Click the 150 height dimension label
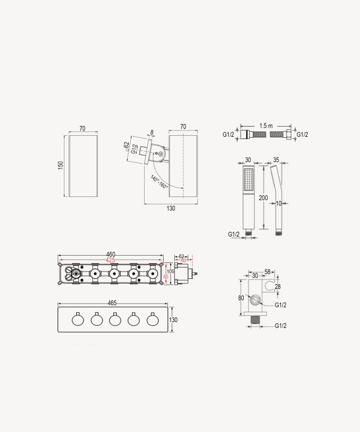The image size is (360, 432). pyautogui.click(x=61, y=166)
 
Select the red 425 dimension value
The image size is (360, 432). pyautogui.click(x=111, y=260)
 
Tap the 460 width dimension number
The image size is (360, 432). pyautogui.click(x=111, y=255)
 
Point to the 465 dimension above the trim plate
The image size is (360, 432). pyautogui.click(x=112, y=303)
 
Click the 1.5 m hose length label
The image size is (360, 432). pyautogui.click(x=266, y=126)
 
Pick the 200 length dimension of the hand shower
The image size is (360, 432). pyautogui.click(x=263, y=198)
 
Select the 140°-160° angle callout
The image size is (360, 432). pyautogui.click(x=159, y=182)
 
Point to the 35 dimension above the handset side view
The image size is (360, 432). pyautogui.click(x=276, y=159)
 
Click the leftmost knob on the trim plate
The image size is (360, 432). pyautogui.click(x=77, y=320)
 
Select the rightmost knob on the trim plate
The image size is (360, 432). pyautogui.click(x=153, y=320)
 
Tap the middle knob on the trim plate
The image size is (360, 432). pyautogui.click(x=115, y=320)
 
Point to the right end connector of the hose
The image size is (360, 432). pyautogui.click(x=288, y=135)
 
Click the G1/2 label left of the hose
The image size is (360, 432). pyautogui.click(x=228, y=135)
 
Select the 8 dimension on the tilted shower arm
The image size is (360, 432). pyautogui.click(x=151, y=132)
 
